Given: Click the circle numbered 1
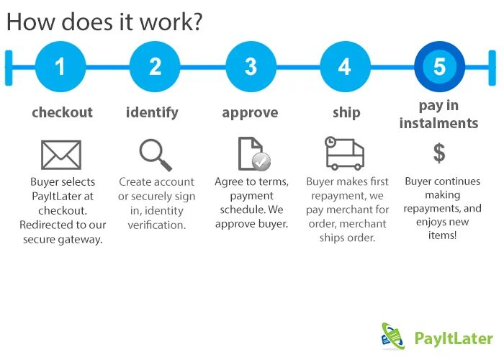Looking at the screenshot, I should click(60, 67).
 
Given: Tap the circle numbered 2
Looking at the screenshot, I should click(155, 67).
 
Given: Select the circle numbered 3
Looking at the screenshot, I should click(251, 67).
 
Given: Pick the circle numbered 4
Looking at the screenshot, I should click(345, 67).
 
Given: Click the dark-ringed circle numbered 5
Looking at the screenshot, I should click(439, 67).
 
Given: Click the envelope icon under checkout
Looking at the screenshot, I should click(61, 155).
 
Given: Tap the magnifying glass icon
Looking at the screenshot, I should click(156, 154).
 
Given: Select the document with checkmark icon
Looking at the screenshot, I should click(253, 153).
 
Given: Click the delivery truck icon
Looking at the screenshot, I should click(345, 152).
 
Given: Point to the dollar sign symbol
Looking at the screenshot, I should click(439, 153).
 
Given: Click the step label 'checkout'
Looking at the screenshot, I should click(63, 112).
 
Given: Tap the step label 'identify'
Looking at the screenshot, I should click(152, 112).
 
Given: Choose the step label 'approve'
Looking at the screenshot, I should click(250, 112).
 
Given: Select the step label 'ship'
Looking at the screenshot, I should click(346, 113).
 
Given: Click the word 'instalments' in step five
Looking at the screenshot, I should click(439, 122).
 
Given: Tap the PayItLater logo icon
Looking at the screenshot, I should click(393, 336).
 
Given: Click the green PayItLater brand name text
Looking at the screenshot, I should click(454, 338).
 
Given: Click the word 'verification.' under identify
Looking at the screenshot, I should click(156, 225).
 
